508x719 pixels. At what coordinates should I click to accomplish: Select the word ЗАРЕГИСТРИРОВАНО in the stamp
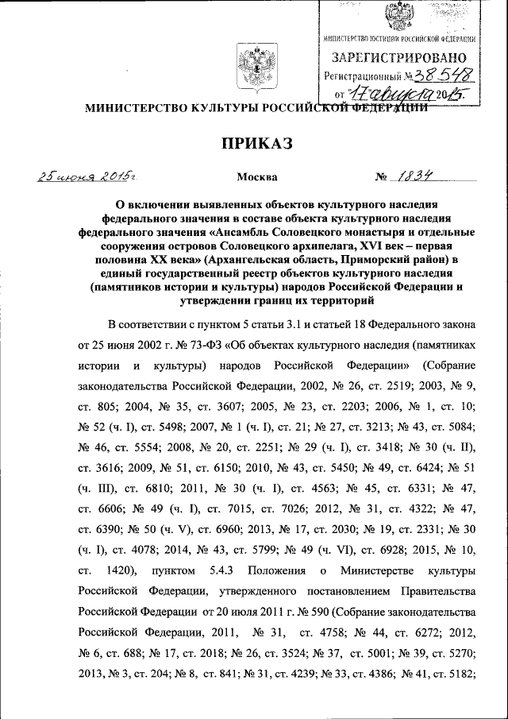coord(398,57)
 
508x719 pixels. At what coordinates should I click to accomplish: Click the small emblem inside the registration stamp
coord(398,18)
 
